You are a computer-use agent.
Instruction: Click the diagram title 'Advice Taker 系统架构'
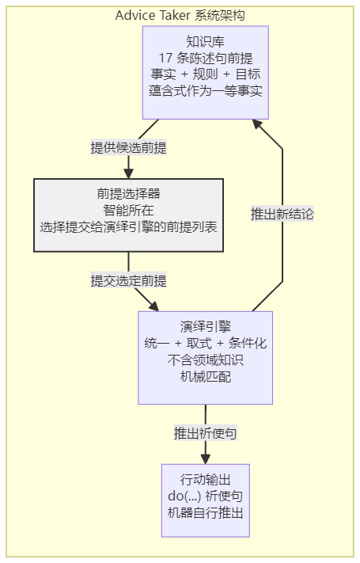tap(180, 15)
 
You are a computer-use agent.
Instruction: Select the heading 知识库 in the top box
tap(205, 42)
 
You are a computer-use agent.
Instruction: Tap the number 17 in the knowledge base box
tap(166, 58)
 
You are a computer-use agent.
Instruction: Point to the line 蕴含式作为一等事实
tap(205, 91)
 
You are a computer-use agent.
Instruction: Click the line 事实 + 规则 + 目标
tap(205, 74)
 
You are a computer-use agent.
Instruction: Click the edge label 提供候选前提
tap(128, 147)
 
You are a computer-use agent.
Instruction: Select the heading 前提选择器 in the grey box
tap(128, 194)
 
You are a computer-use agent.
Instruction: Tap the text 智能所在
tap(128, 211)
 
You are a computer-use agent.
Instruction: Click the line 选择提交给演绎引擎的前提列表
tap(128, 227)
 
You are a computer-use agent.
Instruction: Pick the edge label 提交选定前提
tap(128, 280)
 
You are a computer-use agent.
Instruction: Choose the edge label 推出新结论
tap(282, 214)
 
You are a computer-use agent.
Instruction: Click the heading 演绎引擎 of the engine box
tap(205, 327)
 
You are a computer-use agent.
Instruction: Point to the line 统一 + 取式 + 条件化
tap(205, 343)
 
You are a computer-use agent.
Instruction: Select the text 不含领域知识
tap(205, 359)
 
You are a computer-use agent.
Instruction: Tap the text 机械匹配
tap(205, 377)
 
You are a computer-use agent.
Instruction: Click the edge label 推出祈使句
tap(205, 433)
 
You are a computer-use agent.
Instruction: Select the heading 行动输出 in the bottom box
tap(205, 479)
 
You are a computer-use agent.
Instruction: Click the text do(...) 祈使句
tap(205, 496)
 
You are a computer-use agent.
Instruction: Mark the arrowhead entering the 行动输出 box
tap(205, 459)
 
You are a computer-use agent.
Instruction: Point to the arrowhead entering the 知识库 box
tap(258, 125)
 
